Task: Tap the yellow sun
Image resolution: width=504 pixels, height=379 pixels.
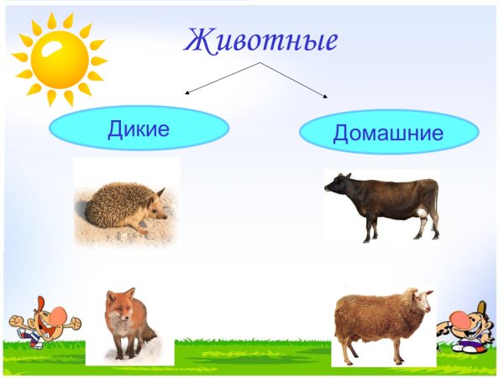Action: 59,58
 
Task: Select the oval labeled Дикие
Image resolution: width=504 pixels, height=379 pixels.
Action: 139,129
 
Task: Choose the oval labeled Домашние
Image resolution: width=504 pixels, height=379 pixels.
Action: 388,132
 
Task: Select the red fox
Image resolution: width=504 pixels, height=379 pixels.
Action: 126,323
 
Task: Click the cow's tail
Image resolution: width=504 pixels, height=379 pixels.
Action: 436,210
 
